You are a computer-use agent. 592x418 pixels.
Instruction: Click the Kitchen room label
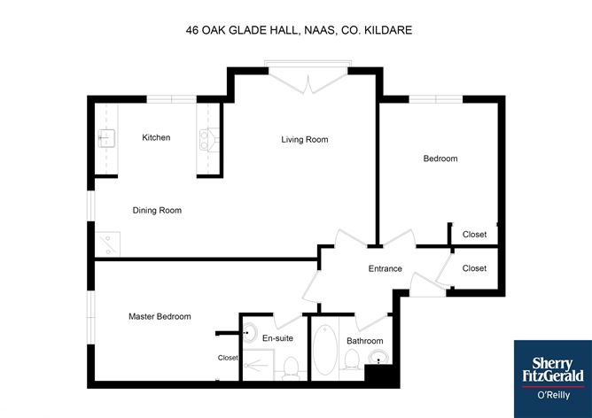click(x=156, y=137)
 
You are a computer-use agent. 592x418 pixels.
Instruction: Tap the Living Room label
click(x=304, y=140)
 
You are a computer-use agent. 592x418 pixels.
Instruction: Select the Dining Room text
click(x=157, y=210)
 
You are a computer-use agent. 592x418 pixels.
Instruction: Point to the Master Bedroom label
click(x=160, y=316)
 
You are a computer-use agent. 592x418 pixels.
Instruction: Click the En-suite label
click(x=277, y=338)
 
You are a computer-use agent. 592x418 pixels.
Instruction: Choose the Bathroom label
click(x=365, y=341)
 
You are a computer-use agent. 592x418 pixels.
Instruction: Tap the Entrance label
click(x=386, y=268)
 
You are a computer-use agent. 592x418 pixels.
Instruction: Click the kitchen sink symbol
click(x=106, y=138)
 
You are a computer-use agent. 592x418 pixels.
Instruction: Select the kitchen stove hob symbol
click(x=209, y=140)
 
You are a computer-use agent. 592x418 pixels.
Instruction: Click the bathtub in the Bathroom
click(x=325, y=349)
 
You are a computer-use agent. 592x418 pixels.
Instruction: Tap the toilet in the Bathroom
click(x=352, y=360)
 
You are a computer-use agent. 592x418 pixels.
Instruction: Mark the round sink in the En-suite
click(x=250, y=333)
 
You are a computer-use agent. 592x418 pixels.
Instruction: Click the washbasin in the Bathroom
click(x=378, y=357)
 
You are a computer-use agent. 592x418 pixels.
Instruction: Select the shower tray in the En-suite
click(x=258, y=365)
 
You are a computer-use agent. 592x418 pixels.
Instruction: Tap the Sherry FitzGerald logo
click(x=553, y=379)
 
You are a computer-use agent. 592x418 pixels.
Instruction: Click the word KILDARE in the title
click(x=388, y=30)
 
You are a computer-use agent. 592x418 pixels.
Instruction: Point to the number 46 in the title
click(x=192, y=30)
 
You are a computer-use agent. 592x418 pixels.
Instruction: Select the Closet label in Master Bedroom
click(x=228, y=358)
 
